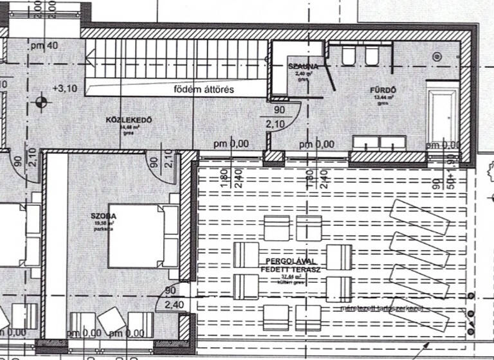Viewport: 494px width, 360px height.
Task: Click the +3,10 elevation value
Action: (x=66, y=88)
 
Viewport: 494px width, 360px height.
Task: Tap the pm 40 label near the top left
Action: (x=44, y=45)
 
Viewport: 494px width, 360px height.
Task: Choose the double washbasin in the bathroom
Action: (x=380, y=143)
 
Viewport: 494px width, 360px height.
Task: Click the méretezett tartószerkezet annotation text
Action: (x=381, y=309)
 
